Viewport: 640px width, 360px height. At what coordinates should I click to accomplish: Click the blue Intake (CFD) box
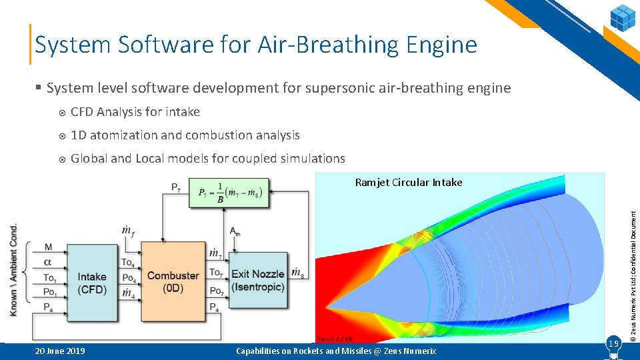pyautogui.click(x=91, y=281)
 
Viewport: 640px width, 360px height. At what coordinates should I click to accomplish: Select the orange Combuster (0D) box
pyautogui.click(x=173, y=281)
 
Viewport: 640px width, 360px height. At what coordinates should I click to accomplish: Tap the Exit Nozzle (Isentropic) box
pyautogui.click(x=258, y=280)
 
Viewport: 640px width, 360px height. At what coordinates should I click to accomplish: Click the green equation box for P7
pyautogui.click(x=229, y=193)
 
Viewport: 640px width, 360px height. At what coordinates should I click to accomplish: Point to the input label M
pyautogui.click(x=48, y=248)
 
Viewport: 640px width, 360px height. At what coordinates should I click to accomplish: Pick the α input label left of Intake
pyautogui.click(x=48, y=262)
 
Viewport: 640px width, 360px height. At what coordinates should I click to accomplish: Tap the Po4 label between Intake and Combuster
pyautogui.click(x=129, y=279)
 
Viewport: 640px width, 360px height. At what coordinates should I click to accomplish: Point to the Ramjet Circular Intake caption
pyautogui.click(x=408, y=183)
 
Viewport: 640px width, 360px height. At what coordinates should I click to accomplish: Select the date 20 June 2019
pyautogui.click(x=59, y=351)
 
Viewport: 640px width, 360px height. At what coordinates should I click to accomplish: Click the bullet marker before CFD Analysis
pyautogui.click(x=61, y=112)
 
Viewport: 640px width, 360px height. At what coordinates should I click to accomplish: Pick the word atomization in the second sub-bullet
pyautogui.click(x=123, y=135)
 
